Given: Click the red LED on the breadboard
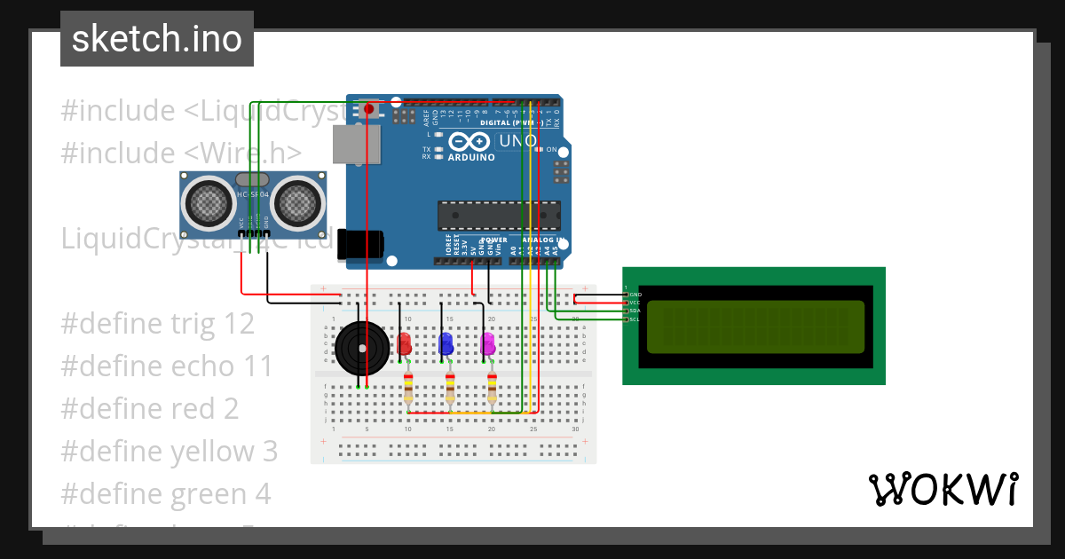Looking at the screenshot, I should click(405, 344).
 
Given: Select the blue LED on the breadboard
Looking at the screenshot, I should click(446, 343).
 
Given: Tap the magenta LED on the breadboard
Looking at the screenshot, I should click(488, 343).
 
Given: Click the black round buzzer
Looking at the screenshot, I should click(362, 348).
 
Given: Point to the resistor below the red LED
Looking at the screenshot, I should click(408, 387).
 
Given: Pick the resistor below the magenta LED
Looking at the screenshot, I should click(493, 387).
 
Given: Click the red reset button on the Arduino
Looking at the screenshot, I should click(368, 109).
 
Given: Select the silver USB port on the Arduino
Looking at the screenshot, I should click(355, 144).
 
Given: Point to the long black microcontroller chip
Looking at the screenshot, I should click(499, 216).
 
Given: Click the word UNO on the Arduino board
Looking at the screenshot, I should click(518, 141).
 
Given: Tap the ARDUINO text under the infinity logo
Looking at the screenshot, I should click(471, 157).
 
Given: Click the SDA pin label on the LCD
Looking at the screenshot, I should click(635, 311).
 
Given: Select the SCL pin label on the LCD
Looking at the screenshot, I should click(635, 319).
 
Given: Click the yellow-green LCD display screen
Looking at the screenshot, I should click(754, 327).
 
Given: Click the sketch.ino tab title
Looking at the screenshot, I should click(157, 39).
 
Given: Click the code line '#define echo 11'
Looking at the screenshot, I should click(167, 366).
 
